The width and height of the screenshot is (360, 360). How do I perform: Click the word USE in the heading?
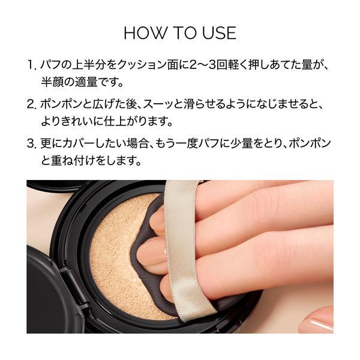219,33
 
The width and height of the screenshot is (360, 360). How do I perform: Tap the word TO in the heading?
184,33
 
